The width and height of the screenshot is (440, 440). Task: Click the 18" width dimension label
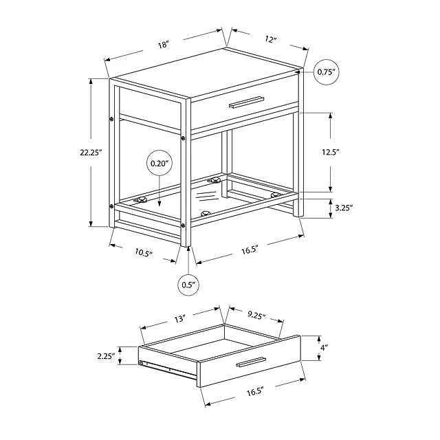(x=164, y=45)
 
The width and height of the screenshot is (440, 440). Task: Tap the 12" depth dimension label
(x=271, y=39)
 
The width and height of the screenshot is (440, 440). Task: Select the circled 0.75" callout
(x=326, y=72)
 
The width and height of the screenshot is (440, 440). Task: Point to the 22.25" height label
(x=91, y=153)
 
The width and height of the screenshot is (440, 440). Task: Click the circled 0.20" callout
(x=159, y=163)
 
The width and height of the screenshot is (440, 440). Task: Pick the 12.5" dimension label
(x=331, y=152)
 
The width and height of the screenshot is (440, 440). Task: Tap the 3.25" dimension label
(x=344, y=208)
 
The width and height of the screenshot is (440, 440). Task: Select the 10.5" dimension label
(x=144, y=253)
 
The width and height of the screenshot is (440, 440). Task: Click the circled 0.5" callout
(x=189, y=285)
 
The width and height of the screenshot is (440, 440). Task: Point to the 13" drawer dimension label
(x=180, y=319)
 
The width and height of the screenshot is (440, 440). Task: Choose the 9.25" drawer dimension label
(x=256, y=316)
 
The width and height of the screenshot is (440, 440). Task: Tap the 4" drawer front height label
(x=324, y=348)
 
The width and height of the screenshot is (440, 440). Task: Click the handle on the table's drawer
(x=247, y=102)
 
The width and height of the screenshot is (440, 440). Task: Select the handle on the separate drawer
(x=251, y=362)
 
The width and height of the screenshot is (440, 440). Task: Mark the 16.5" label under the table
(x=250, y=250)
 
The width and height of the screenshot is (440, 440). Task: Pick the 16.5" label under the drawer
(x=255, y=391)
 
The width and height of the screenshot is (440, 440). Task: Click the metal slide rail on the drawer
(x=168, y=370)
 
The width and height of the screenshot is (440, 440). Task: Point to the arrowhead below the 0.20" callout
(x=159, y=205)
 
